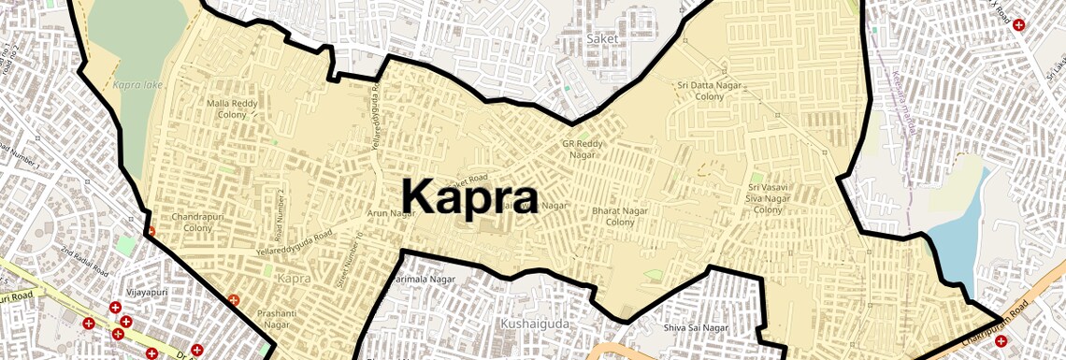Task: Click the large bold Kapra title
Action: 469,197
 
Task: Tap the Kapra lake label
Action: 137,84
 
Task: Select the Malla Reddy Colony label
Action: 227,108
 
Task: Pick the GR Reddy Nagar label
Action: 583,150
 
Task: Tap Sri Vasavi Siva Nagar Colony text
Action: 768,198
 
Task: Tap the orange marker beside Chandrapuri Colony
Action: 150,231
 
